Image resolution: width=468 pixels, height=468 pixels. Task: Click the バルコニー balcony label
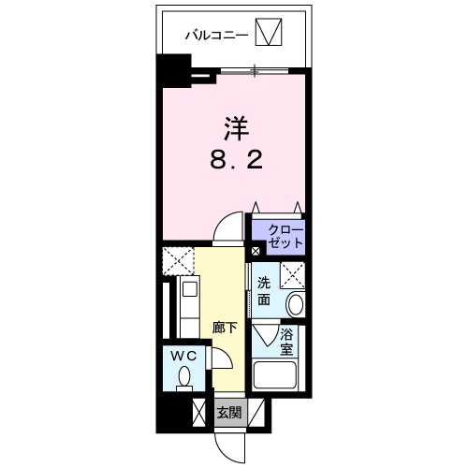pyautogui.click(x=215, y=36)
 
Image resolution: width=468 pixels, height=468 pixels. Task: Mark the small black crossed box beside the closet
pyautogui.click(x=256, y=252)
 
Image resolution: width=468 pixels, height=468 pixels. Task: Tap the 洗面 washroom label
pyautogui.click(x=265, y=290)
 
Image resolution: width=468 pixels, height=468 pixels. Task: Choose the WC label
pyautogui.click(x=183, y=356)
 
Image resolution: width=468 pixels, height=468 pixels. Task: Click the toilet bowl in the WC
pyautogui.click(x=183, y=377)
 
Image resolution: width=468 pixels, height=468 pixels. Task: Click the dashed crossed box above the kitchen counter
pyautogui.click(x=177, y=260)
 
